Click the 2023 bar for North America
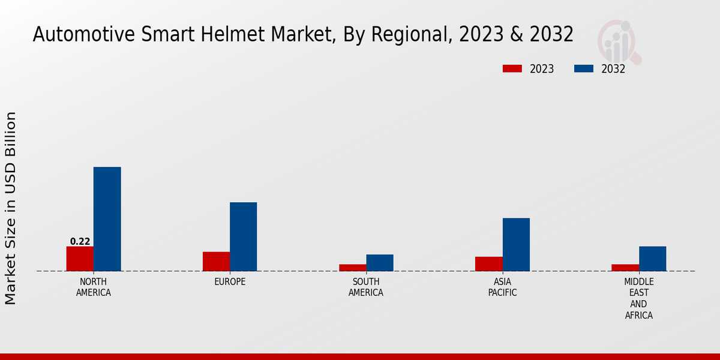point(80,259)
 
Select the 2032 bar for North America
point(107,219)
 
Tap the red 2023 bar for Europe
point(216,261)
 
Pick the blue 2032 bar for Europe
point(244,236)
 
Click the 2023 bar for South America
point(352,268)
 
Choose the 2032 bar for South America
point(380,263)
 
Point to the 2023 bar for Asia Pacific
point(488,264)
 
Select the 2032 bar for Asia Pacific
point(516,244)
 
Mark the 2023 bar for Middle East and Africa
point(625,268)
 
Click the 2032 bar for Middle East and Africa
point(652,259)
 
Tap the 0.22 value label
point(80,242)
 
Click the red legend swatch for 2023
point(512,68)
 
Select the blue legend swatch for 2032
point(583,68)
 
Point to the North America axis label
point(94,287)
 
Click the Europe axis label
point(230,282)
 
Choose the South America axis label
point(366,287)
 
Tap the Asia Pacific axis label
point(502,287)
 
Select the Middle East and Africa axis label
point(638,298)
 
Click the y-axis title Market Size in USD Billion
point(11,208)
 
